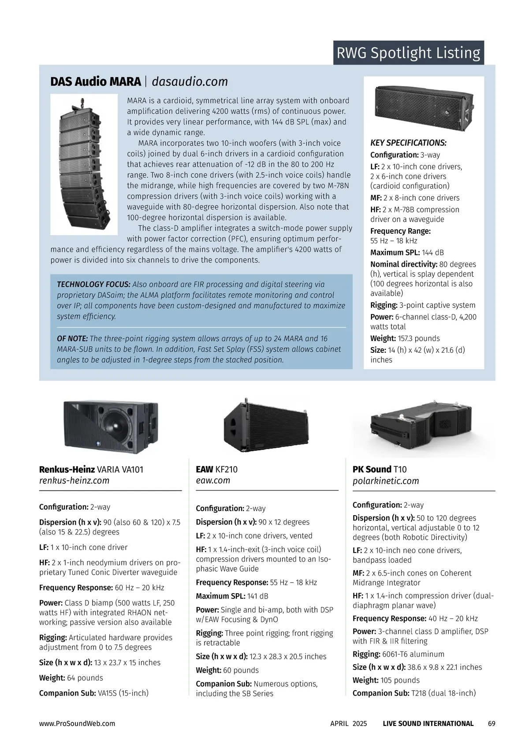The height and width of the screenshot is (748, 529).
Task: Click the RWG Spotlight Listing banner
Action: pos(408,53)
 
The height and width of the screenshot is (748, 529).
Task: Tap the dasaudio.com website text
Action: pos(190,82)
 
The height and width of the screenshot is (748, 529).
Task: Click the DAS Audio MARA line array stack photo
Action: pos(84,164)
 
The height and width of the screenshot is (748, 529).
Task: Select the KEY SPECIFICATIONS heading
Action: pos(408,143)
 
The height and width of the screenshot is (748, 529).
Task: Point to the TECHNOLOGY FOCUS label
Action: pos(93,284)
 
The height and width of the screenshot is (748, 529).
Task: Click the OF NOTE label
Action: pos(72,339)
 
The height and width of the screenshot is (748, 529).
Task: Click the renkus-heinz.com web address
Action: pos(74,481)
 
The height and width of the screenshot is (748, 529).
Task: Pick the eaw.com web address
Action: pos(213,481)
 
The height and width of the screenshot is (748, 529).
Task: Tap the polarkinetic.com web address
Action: pos(386,481)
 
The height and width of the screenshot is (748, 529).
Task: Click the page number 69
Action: pos(492,724)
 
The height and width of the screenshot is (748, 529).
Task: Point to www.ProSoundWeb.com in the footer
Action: pos(77,724)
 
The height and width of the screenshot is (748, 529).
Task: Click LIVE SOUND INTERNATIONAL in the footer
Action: pos(428,724)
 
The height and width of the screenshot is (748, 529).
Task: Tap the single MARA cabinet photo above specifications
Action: pos(424,104)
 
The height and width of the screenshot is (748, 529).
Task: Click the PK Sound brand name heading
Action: pos(372,469)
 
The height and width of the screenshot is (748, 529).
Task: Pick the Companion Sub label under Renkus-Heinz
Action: pos(67,693)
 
